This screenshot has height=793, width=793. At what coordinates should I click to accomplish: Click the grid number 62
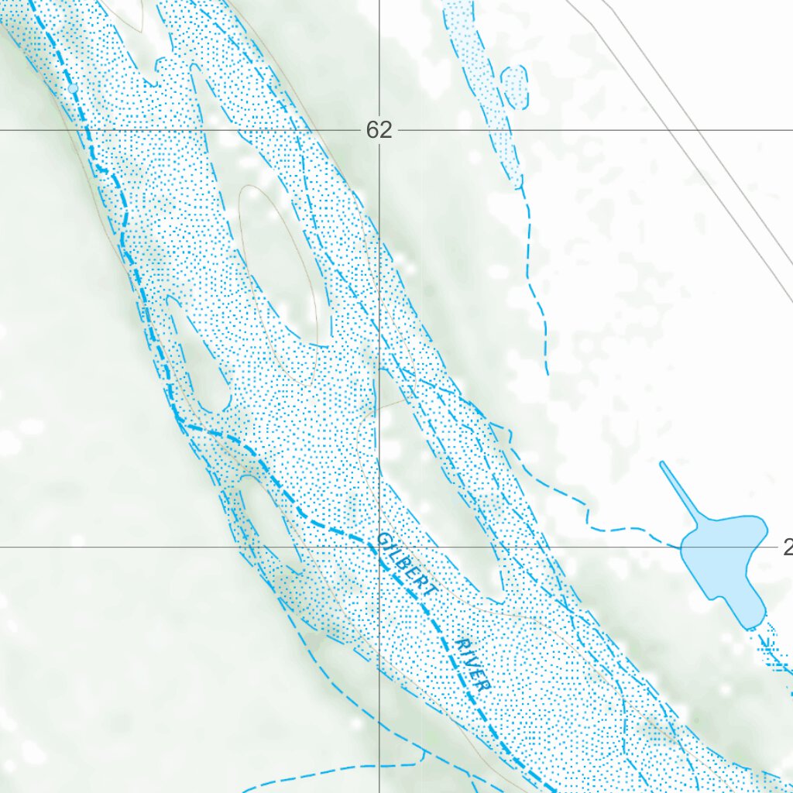[x=379, y=130]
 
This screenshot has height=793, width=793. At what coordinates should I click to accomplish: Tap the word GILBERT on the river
[x=407, y=565]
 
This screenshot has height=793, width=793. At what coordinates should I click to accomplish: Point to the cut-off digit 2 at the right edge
[x=788, y=548]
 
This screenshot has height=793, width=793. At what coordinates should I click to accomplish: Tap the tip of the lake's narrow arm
[x=662, y=464]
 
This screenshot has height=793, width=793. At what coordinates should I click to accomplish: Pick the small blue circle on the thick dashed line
[x=74, y=89]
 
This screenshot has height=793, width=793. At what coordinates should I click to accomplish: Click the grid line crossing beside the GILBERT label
[x=379, y=548]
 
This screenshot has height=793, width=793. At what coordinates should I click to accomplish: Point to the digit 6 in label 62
[x=372, y=130]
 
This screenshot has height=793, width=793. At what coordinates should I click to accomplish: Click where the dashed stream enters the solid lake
[x=681, y=547]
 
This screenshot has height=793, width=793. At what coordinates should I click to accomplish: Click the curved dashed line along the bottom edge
[x=325, y=771]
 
